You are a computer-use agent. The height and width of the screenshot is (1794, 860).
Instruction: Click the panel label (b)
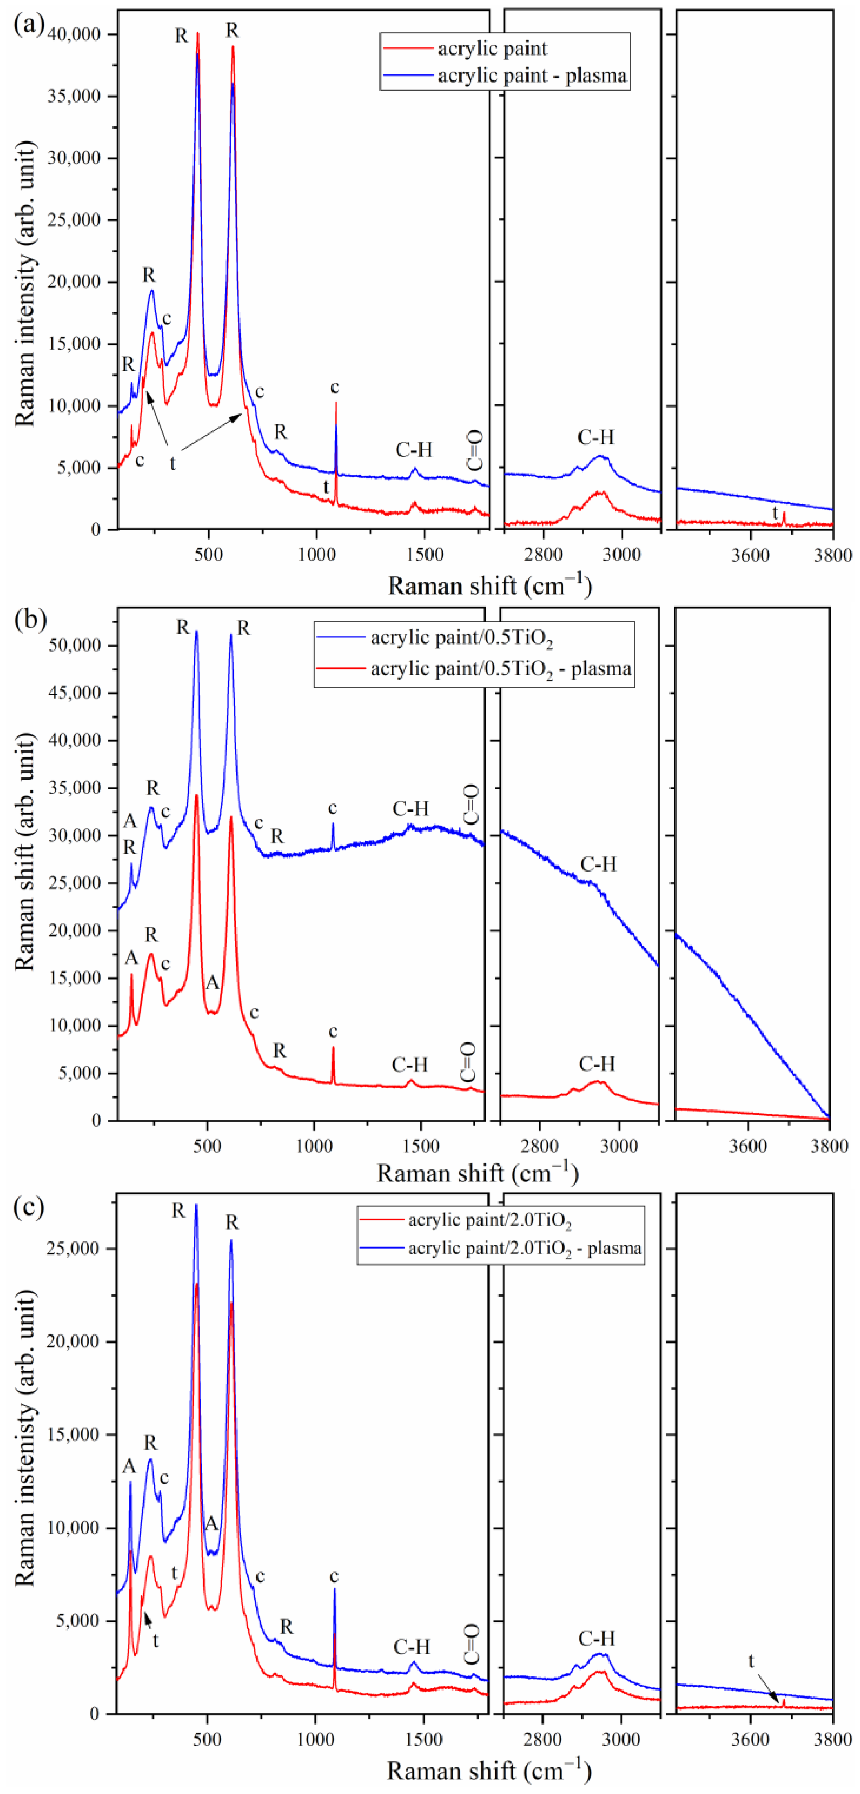pos(30,619)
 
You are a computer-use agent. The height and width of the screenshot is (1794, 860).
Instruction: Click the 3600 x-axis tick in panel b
pos(748,1146)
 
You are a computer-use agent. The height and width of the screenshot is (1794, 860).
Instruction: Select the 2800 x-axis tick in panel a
pos(543,555)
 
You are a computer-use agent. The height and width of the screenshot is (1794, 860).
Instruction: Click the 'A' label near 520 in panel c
pos(211,1524)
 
